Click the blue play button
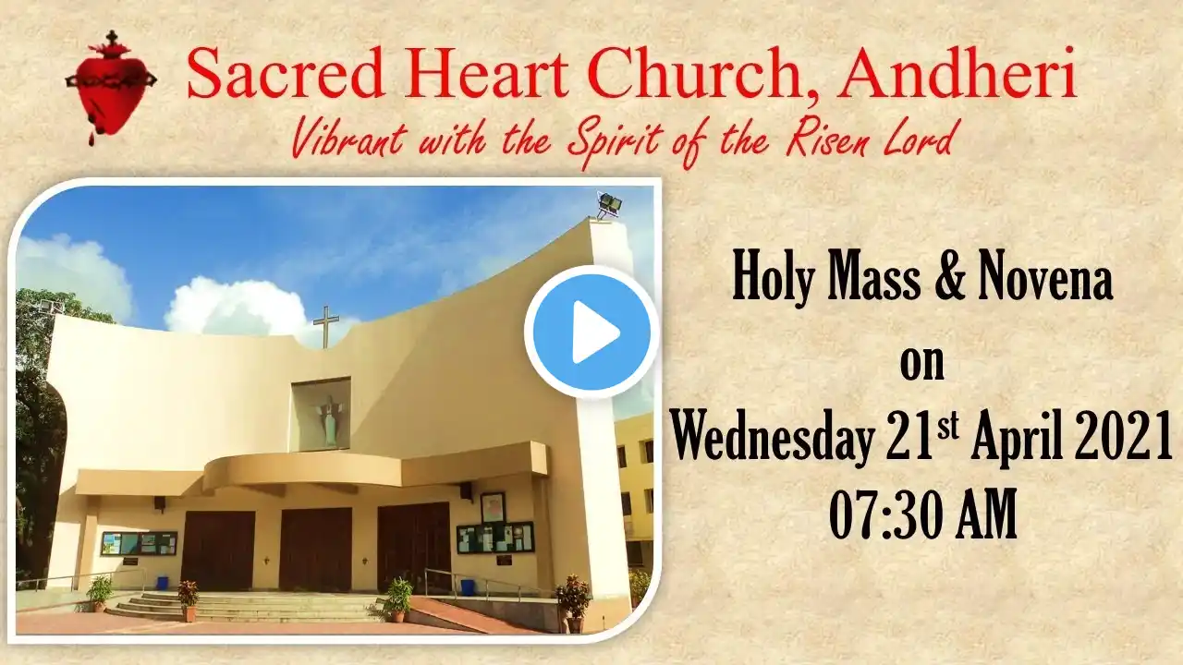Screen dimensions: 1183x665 (x=591, y=332)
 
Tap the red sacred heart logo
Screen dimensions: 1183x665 (x=111, y=87)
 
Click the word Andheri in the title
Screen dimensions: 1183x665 (x=957, y=73)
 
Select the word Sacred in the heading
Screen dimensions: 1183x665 (x=286, y=73)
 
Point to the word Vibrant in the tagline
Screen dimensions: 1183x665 (x=349, y=138)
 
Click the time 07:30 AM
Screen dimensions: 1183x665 (x=922, y=514)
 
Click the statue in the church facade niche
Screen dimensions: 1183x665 (x=328, y=419)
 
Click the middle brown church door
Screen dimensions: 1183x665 (x=316, y=549)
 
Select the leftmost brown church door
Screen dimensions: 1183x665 (x=217, y=550)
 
